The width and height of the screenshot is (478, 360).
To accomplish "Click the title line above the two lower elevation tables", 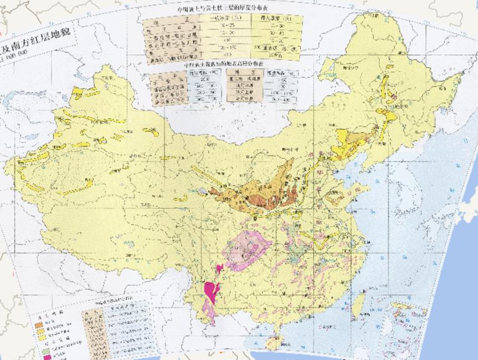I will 222,64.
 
